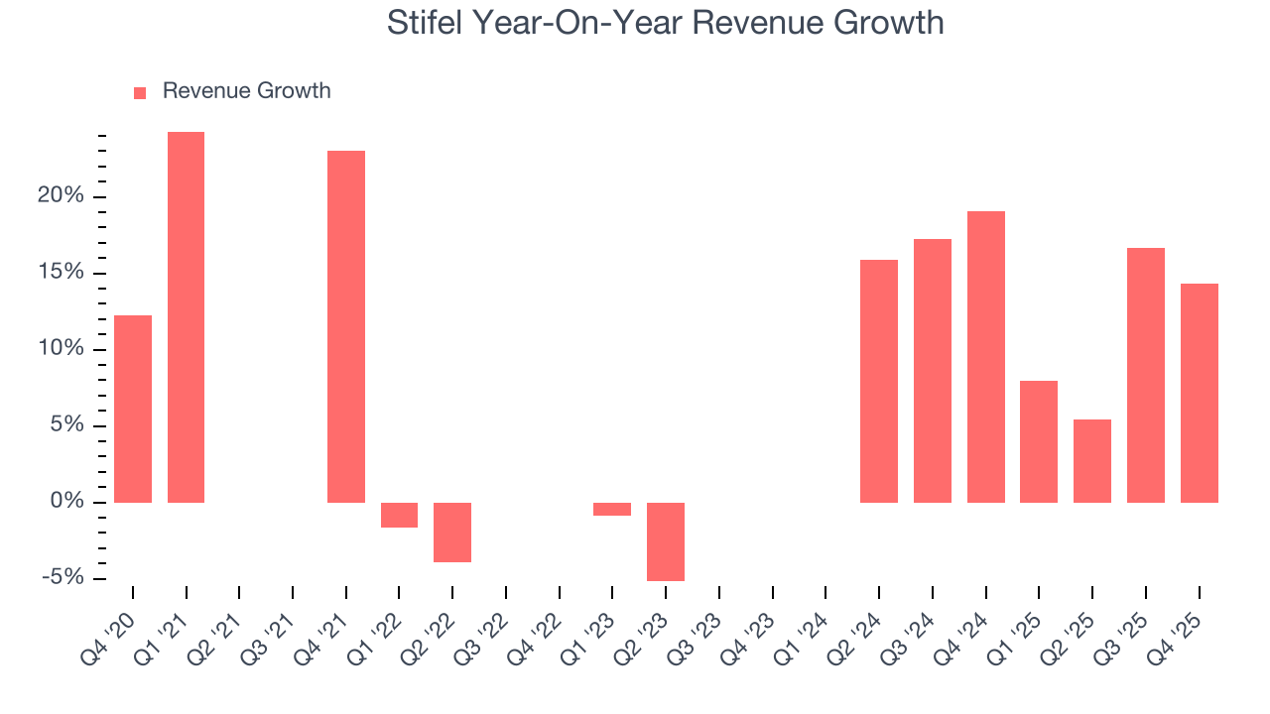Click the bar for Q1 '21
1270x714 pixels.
click(186, 317)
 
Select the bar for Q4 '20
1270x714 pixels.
click(133, 409)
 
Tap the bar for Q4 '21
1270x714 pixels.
click(346, 326)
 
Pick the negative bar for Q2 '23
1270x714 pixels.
click(666, 541)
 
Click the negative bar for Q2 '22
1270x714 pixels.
click(452, 533)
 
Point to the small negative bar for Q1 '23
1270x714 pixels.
click(612, 510)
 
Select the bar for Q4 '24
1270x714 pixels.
click(985, 357)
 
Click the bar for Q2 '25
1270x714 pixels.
click(1092, 461)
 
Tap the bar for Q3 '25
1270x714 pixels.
click(1146, 375)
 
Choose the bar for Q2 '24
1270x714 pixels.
click(879, 381)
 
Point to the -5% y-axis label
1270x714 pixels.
click(63, 579)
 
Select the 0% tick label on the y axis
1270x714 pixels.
click(66, 503)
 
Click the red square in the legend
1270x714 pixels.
click(140, 92)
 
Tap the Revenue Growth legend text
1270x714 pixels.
click(246, 91)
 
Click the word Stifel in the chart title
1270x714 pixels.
click(424, 22)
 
